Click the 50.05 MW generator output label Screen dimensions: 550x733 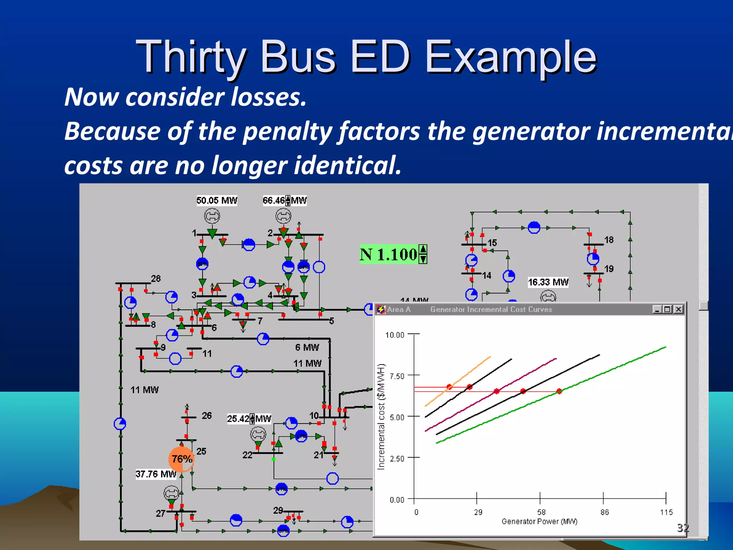(217, 201)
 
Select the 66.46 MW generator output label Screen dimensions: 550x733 (285, 201)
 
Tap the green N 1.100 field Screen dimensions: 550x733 (393, 254)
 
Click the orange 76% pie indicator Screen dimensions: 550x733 (181, 459)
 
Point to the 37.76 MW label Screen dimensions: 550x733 (156, 474)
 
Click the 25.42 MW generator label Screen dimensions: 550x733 (249, 419)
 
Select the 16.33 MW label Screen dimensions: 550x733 (548, 282)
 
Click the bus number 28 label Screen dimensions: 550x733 (156, 279)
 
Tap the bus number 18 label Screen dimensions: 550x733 (609, 240)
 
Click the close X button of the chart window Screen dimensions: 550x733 (678, 309)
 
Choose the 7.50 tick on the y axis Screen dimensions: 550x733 (397, 376)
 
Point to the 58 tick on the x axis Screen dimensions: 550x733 (541, 512)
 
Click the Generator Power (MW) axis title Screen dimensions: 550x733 (539, 521)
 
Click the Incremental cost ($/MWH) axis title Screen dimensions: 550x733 (381, 416)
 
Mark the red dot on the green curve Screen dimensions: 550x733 (559, 391)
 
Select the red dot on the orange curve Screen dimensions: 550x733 (449, 387)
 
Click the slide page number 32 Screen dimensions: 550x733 (683, 527)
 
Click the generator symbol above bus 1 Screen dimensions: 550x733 (212, 216)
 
